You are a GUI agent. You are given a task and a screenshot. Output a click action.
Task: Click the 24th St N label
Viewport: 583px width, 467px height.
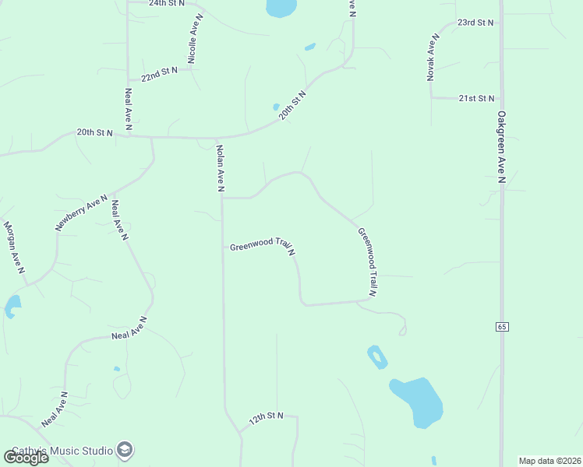pos(167,3)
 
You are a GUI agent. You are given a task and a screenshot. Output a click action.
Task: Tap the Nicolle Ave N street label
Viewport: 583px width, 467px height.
pos(195,39)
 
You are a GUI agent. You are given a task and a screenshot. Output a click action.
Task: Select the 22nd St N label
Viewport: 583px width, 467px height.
pos(159,74)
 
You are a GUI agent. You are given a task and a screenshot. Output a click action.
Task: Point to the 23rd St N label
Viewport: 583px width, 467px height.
pos(475,23)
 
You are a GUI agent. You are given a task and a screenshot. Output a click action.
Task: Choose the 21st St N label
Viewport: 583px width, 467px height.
pos(476,98)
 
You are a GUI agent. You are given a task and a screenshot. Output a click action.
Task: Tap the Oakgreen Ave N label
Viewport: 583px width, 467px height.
pos(501,148)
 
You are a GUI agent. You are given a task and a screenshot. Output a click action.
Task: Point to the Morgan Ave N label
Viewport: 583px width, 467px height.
pos(14,248)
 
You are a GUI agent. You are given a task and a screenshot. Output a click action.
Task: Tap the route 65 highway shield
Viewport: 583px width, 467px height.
pos(502,327)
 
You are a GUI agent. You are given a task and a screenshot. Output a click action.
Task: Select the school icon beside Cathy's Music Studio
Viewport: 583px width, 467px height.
pos(124,449)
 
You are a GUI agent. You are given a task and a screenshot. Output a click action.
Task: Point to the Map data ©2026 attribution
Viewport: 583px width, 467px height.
pos(549,461)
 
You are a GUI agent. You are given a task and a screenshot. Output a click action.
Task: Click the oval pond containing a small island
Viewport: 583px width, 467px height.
pos(377,356)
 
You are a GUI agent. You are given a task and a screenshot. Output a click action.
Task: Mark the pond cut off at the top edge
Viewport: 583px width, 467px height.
pos(281,8)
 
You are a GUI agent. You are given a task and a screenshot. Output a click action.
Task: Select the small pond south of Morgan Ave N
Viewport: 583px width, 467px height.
pos(12,306)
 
